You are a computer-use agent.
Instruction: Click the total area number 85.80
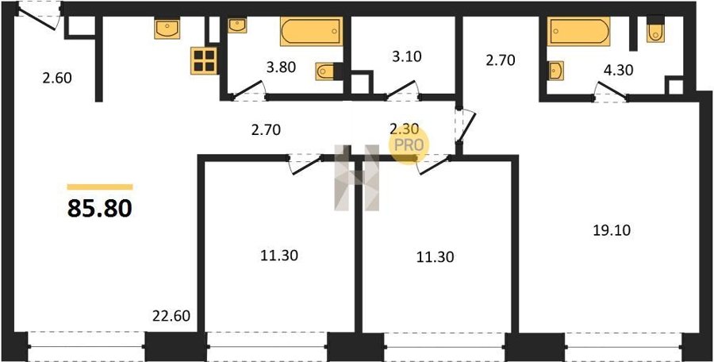click(x=100, y=208)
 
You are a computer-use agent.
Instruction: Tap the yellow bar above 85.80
click(x=100, y=187)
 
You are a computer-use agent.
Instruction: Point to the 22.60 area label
click(x=171, y=315)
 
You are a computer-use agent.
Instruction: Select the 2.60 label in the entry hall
click(x=57, y=78)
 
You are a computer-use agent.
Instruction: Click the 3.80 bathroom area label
click(x=281, y=67)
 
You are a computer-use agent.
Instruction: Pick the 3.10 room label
click(x=407, y=56)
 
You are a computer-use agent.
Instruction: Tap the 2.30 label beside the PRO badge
click(x=405, y=129)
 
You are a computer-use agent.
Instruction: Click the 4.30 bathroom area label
click(x=617, y=70)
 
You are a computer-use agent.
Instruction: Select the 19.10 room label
click(x=612, y=231)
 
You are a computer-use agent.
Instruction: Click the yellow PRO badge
click(x=409, y=144)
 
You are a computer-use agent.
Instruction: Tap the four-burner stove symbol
click(x=204, y=60)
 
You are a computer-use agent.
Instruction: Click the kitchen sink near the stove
click(x=167, y=29)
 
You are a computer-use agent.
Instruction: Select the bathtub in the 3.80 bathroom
click(x=312, y=32)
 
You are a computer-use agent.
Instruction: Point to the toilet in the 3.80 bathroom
click(x=328, y=71)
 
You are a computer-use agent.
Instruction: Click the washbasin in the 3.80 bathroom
click(x=237, y=26)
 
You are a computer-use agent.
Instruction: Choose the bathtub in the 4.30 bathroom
click(x=579, y=32)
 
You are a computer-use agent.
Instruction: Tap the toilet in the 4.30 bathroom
click(x=656, y=29)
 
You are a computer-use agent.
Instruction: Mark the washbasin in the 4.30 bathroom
click(x=556, y=71)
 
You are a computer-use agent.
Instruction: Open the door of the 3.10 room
click(x=403, y=90)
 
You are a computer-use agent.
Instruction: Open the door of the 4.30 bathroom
click(x=611, y=90)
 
